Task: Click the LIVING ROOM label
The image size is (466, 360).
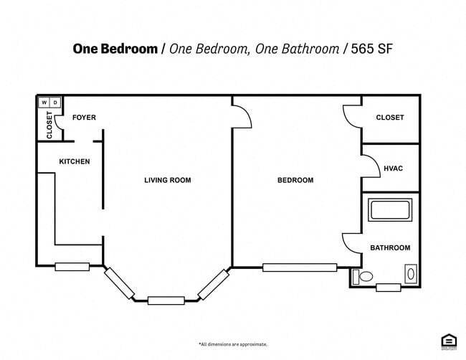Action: pos(168,180)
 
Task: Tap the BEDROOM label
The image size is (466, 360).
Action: pos(295,180)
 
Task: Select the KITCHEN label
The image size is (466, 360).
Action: pos(75,161)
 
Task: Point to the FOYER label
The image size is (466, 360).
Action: pos(85,118)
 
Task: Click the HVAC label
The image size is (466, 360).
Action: pos(394,169)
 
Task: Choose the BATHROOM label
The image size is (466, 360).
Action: pos(390,248)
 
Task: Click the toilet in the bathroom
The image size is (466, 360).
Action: pos(363,276)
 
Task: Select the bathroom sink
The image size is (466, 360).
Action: pos(410,273)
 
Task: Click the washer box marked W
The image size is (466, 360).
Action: pos(44,103)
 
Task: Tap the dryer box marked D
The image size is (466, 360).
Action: pos(56,103)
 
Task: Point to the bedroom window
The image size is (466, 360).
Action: pos(299,267)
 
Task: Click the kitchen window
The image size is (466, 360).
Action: pos(72,267)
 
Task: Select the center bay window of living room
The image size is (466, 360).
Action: pos(166,300)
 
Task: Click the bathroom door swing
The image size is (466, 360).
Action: pos(351,242)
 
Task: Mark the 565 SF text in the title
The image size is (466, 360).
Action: pos(371,49)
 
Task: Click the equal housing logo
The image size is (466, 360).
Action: pos(449,341)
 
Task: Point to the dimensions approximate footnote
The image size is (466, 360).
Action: pos(233,344)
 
